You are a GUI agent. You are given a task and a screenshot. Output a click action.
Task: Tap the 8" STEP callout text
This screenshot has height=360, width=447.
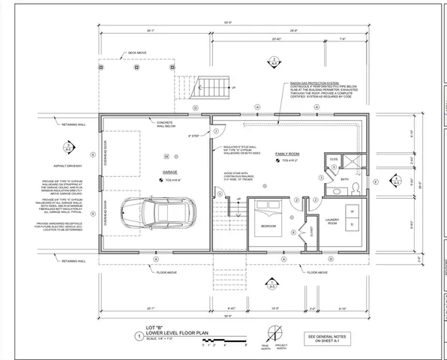coord(197,136)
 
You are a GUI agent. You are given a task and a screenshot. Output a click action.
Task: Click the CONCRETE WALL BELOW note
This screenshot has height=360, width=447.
coord(166,124)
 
